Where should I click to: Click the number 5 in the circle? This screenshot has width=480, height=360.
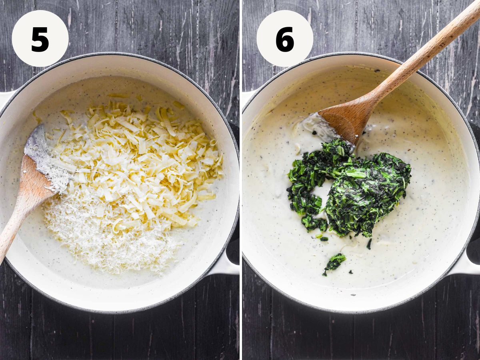tap(40, 39)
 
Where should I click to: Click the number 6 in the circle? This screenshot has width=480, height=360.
tap(285, 39)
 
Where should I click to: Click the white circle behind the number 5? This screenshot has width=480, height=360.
tap(40, 38)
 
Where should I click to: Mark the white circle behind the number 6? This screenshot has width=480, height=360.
tap(285, 38)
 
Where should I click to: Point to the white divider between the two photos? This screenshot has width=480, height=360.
tap(241, 180)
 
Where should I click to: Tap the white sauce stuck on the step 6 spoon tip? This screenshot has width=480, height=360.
tap(317, 127)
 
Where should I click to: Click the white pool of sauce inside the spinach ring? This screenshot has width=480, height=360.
tap(320, 197)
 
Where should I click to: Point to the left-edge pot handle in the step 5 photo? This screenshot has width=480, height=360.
tap(6, 98)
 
